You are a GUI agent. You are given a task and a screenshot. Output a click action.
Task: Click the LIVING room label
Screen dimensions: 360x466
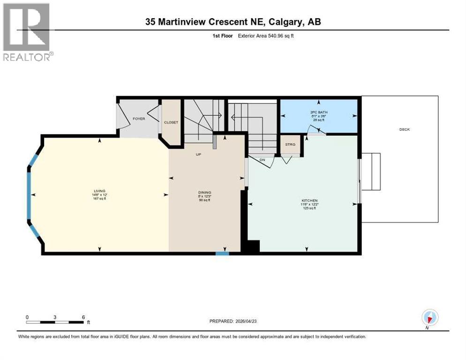tap(99, 191)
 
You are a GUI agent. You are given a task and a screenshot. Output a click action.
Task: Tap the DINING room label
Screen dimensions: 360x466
tap(204, 192)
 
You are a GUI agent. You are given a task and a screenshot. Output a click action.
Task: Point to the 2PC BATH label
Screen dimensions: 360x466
tap(317, 113)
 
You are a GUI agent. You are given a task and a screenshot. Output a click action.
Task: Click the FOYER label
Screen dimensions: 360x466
tap(139, 119)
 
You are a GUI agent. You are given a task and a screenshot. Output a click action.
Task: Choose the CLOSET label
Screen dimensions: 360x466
tap(171, 122)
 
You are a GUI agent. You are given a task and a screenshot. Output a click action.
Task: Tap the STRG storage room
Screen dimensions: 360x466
tap(290, 144)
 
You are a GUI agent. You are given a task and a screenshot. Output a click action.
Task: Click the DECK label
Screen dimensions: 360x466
tap(404, 129)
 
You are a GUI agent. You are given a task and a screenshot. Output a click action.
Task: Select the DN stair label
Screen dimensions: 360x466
tap(263, 160)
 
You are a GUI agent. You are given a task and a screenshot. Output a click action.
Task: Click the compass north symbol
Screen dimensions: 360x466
tap(429, 318)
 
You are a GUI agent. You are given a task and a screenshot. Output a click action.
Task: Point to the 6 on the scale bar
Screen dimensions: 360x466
tap(83, 317)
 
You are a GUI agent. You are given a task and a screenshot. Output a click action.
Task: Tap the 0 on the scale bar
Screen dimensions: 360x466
tap(27, 317)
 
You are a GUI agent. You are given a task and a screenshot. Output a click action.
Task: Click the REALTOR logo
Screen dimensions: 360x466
tap(28, 32)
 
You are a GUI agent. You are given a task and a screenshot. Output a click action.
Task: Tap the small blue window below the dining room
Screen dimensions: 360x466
tap(222, 254)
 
